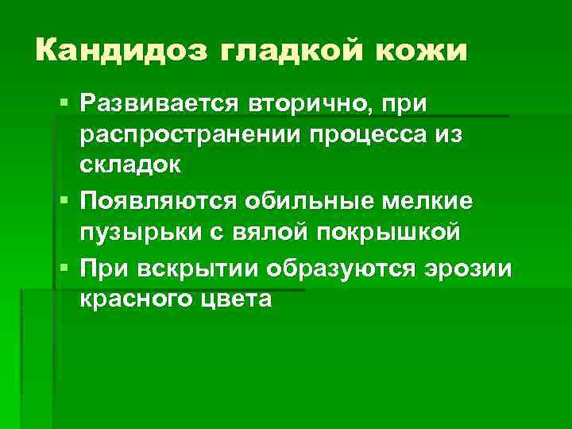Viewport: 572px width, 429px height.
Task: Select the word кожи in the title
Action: (x=424, y=52)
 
